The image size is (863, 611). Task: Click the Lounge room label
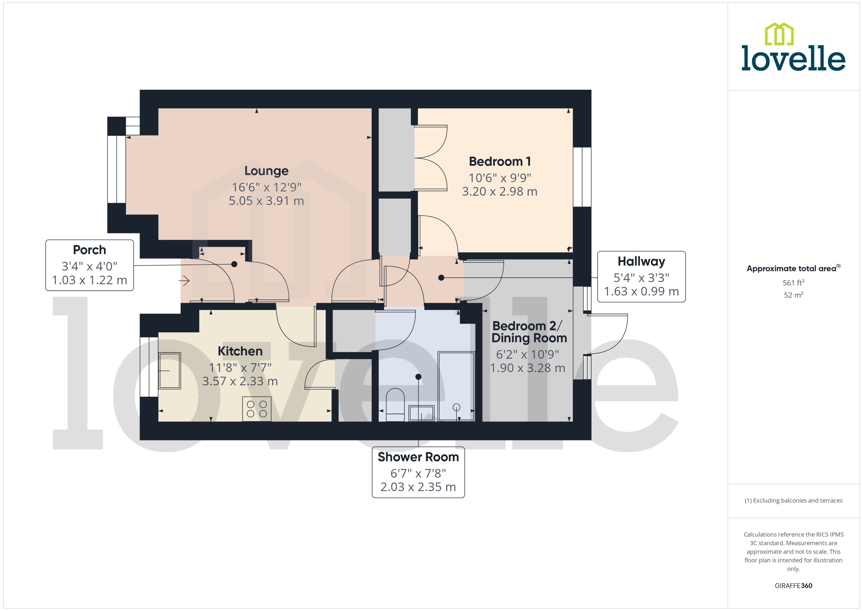click(x=266, y=171)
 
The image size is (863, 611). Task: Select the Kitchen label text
click(x=240, y=351)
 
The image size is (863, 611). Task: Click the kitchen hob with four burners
click(x=257, y=408)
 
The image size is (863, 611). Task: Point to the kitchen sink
click(x=170, y=370)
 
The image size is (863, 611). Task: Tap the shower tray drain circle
click(x=456, y=407)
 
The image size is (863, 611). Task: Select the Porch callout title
click(x=90, y=250)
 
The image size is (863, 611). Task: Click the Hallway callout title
click(x=641, y=261)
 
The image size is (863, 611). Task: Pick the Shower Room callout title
click(x=418, y=457)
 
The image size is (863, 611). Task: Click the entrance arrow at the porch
click(x=184, y=280)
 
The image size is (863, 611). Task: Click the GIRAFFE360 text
click(x=793, y=585)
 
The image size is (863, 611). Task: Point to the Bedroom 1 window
click(x=582, y=177)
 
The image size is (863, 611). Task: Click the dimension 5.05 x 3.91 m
click(x=266, y=201)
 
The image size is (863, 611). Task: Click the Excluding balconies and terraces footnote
click(x=793, y=500)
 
